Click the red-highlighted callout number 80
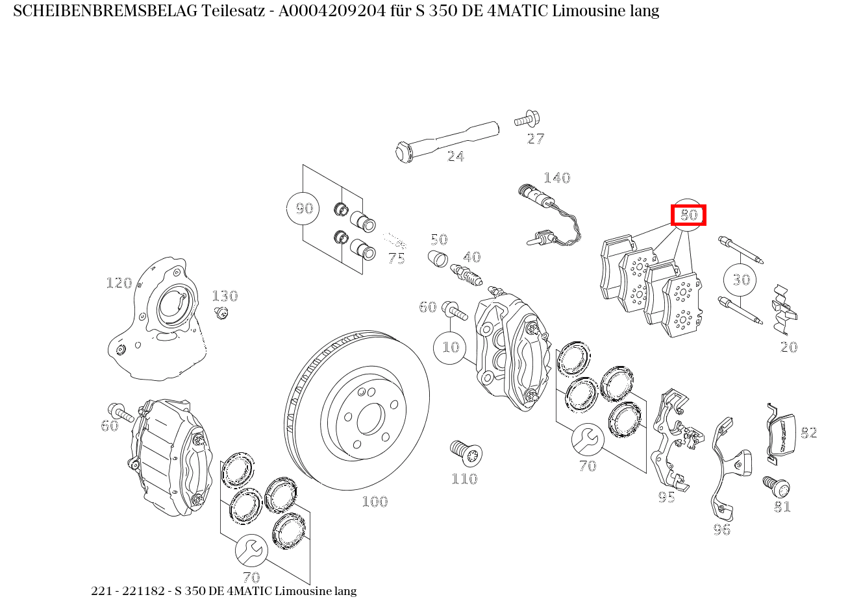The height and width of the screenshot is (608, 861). (688, 215)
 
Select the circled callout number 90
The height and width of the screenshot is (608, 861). (303, 208)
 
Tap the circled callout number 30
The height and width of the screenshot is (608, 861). (740, 280)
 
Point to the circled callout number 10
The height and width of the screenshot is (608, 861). (450, 348)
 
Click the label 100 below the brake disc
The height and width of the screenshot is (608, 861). (375, 502)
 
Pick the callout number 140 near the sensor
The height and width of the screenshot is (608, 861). (557, 178)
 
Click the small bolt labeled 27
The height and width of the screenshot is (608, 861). (527, 119)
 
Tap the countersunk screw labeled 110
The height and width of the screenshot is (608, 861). (466, 453)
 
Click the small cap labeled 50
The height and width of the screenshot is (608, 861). (438, 258)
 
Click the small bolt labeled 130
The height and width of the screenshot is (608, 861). (221, 313)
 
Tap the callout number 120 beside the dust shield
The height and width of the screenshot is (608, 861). (119, 284)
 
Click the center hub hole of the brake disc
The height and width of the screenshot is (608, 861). (371, 419)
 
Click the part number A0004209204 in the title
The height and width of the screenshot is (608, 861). (332, 11)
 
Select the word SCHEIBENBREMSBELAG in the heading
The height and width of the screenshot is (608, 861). (105, 11)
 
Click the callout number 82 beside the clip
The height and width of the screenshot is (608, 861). (808, 433)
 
